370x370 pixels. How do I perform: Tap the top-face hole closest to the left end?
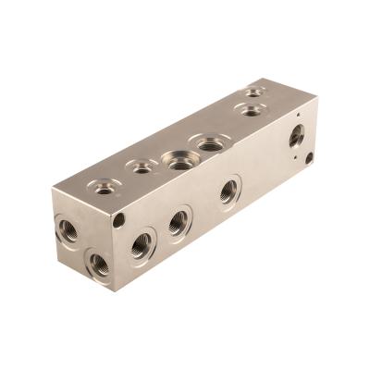pos(105,187)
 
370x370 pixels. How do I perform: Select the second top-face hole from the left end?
pos(142,167)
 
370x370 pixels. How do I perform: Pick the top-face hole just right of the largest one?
pos(212,143)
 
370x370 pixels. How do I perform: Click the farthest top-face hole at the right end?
pos(253,92)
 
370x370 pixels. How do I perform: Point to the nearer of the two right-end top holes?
pos(250,110)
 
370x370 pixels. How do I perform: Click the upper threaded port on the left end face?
pos(68,229)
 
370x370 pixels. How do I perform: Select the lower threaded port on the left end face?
pos(99,265)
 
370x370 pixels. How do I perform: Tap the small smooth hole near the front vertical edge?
pos(119,220)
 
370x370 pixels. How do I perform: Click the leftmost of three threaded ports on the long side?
pos(142,245)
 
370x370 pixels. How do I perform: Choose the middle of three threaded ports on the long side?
pos(178,222)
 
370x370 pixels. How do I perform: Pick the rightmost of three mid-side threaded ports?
pos(228,191)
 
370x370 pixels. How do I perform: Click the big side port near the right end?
pos(296,135)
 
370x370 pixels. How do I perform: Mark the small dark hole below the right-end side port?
pos(308,158)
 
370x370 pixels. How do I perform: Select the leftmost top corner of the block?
pos(53,194)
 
